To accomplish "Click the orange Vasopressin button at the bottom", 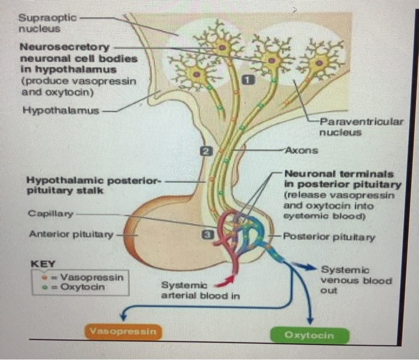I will [123, 331].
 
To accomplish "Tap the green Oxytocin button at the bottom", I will [309, 335].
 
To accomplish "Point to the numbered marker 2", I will [205, 152].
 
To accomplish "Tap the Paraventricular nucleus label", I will [361, 127].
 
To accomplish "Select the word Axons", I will [302, 150].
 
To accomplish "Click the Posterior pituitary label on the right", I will [329, 237].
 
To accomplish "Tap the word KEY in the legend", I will [42, 264].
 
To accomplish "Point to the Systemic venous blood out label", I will [356, 280].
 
